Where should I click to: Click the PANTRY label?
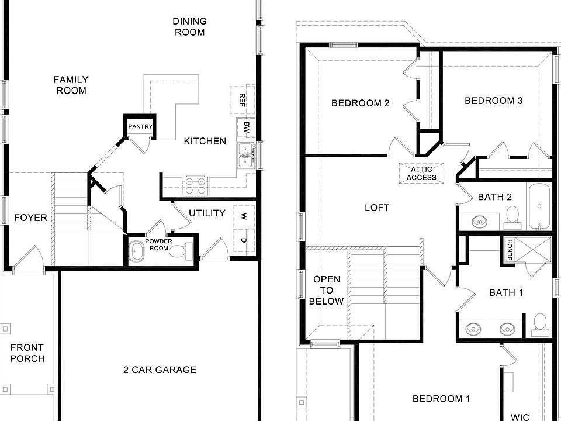(140, 126)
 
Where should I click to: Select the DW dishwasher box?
(246, 127)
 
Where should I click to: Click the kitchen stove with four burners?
(196, 186)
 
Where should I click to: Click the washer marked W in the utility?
(243, 215)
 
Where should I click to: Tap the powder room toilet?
(186, 251)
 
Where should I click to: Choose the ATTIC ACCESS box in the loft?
(421, 173)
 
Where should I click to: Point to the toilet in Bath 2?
(512, 216)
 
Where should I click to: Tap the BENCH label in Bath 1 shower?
(510, 250)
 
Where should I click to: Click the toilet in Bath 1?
(539, 326)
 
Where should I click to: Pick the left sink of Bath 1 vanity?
(473, 329)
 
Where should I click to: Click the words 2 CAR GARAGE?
(160, 370)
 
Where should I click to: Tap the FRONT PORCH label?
(27, 353)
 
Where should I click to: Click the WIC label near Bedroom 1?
(520, 416)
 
